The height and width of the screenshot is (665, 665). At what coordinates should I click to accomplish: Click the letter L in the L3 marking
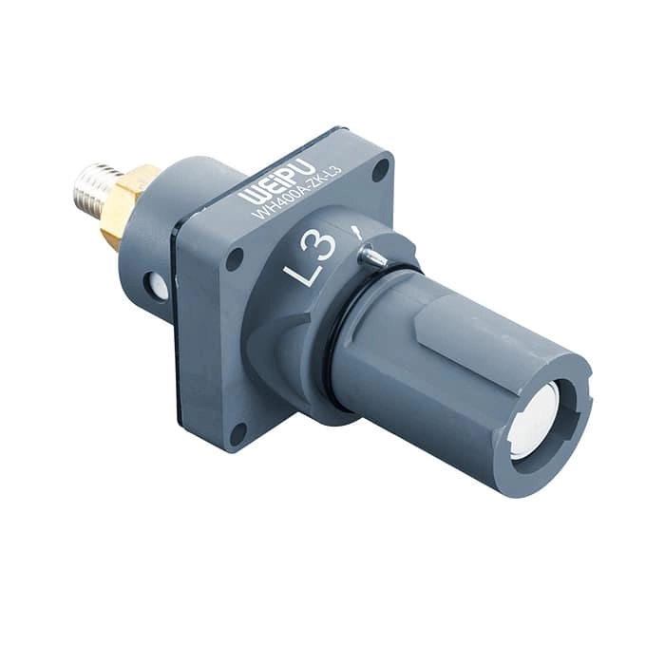(299, 273)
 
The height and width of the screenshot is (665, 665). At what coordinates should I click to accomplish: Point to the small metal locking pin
(373, 256)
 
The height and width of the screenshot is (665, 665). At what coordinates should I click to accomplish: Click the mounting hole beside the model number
(379, 172)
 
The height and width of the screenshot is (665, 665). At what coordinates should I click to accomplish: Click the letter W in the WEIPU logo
(250, 196)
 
